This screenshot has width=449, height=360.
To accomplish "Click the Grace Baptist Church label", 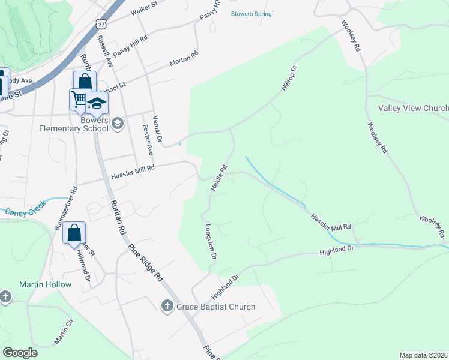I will pos(215,307).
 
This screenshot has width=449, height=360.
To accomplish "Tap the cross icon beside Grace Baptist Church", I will pos(168,307).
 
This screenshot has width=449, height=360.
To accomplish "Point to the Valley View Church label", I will pos(413,108).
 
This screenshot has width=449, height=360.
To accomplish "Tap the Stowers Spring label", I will pos(252,14).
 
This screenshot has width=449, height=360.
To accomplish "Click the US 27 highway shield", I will pos(100,22).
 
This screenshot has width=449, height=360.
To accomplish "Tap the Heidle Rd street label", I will pos(218,178).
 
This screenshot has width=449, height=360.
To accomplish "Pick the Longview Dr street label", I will pos(211,242).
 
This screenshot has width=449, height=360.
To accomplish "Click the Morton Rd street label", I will pos(184,59).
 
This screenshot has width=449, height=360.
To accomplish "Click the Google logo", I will pos(20,353).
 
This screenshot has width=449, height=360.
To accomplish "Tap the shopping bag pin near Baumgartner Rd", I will pos(74,233).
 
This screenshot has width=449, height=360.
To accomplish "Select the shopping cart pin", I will pos(80,98).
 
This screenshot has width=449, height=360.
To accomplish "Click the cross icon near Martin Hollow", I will pos(5,296).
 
